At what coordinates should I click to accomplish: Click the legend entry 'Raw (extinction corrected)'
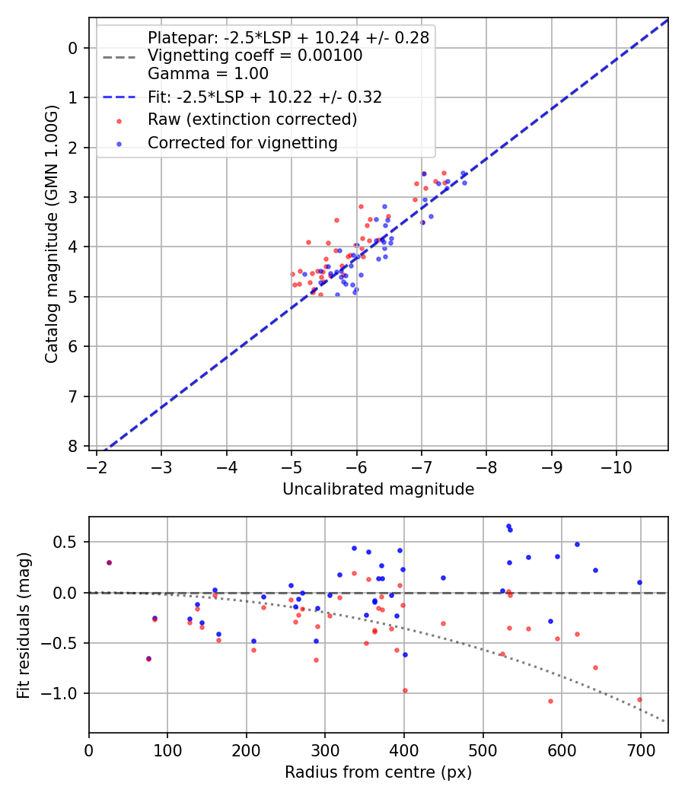click(252, 119)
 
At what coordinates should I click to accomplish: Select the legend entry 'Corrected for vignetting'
click(242, 142)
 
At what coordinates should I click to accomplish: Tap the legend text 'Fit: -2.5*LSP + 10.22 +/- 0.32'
click(265, 97)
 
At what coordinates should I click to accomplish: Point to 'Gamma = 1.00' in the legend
click(208, 74)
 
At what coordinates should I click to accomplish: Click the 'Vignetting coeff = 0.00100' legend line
click(255, 56)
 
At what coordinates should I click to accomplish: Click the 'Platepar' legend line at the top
click(288, 37)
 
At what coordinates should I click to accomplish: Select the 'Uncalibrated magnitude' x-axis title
click(378, 489)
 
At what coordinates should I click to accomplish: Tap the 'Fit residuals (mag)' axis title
click(24, 625)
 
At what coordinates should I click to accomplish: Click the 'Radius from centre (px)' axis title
click(378, 772)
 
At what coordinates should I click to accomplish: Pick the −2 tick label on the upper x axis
click(96, 466)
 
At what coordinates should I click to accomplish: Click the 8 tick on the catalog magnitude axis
click(73, 446)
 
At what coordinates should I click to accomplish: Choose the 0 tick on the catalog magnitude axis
click(73, 48)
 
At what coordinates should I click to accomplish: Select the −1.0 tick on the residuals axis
click(63, 693)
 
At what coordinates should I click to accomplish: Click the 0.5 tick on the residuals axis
click(68, 542)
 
